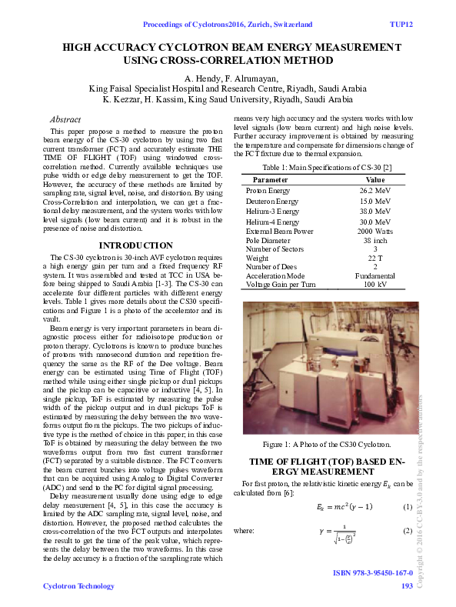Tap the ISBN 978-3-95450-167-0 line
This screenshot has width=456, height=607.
(x=373, y=574)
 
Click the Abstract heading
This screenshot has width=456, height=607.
(x=65, y=120)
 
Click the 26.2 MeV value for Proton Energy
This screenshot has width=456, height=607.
(x=375, y=189)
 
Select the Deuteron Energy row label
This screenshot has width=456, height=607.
(x=273, y=200)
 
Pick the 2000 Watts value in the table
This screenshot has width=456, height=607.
(x=375, y=231)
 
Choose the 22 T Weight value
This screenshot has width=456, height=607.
(x=375, y=258)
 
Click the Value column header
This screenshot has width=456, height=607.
(x=375, y=179)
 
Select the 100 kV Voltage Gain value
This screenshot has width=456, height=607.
(x=375, y=285)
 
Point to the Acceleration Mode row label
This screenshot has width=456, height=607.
(x=275, y=275)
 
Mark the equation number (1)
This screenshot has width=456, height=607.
(x=408, y=506)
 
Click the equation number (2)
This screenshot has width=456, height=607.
(x=408, y=531)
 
